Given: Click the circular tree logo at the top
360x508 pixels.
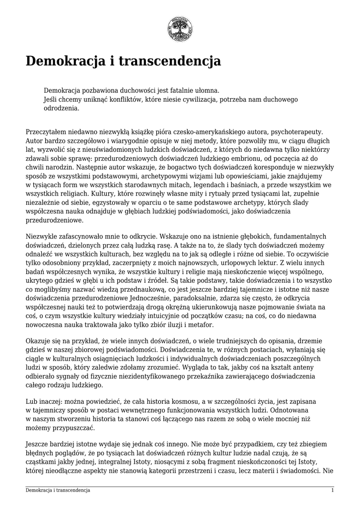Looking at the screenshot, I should click(180, 26).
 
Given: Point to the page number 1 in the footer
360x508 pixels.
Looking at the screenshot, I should click(332, 490).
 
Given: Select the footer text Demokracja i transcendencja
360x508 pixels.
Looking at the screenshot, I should click(58, 490).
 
